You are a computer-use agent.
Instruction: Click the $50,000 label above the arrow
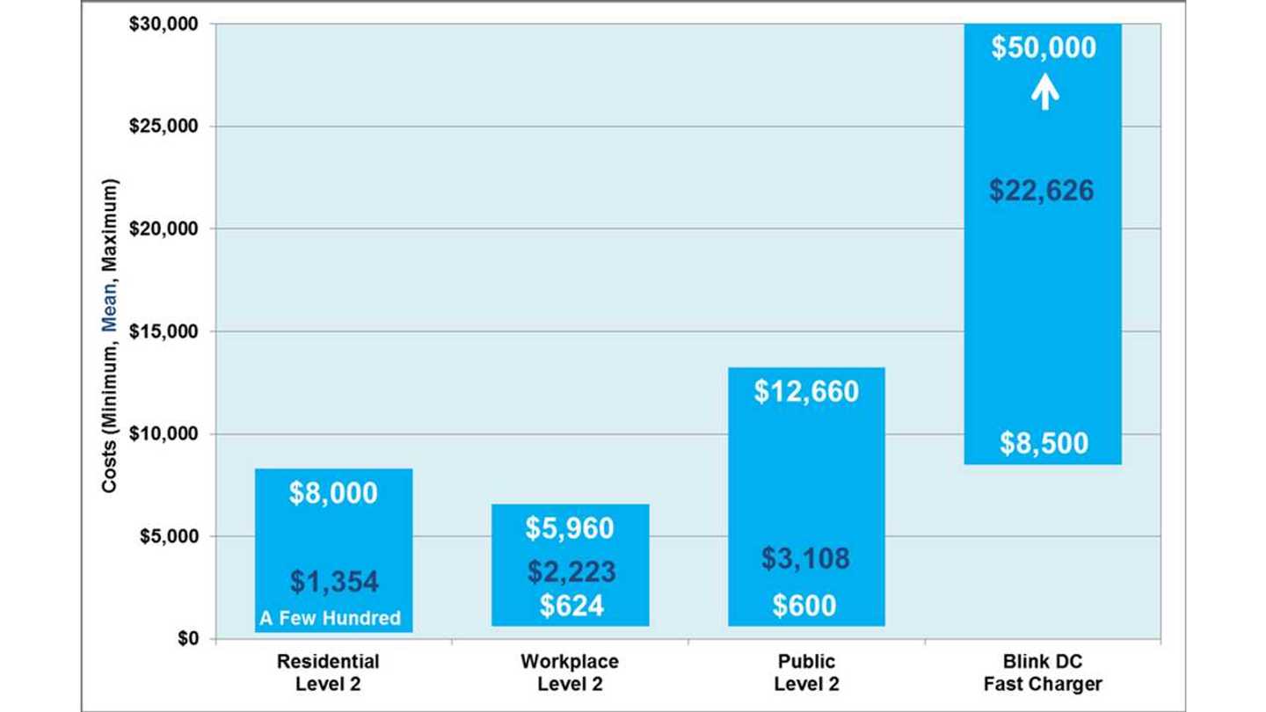pyautogui.click(x=1044, y=47)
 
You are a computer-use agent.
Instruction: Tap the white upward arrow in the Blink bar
pyautogui.click(x=1044, y=91)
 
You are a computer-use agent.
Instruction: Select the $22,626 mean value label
pyautogui.click(x=1043, y=190)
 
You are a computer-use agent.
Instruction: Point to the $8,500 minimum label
pyautogui.click(x=1044, y=443)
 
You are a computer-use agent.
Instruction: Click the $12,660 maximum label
pyautogui.click(x=806, y=391)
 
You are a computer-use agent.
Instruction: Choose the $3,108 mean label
pyautogui.click(x=806, y=558)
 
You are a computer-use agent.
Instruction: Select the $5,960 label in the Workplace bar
pyautogui.click(x=570, y=527)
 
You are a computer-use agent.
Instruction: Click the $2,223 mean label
pyautogui.click(x=571, y=571)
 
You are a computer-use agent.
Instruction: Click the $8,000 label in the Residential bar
pyautogui.click(x=333, y=493)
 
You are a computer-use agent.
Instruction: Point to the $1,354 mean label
pyautogui.click(x=334, y=581)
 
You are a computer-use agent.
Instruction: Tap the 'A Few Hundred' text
pyautogui.click(x=330, y=619)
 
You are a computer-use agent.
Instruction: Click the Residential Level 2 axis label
pyautogui.click(x=328, y=672)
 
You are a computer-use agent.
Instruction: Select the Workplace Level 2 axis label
pyautogui.click(x=569, y=672)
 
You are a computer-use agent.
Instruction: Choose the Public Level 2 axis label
pyautogui.click(x=806, y=672)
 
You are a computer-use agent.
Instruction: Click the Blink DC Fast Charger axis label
pyautogui.click(x=1043, y=672)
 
